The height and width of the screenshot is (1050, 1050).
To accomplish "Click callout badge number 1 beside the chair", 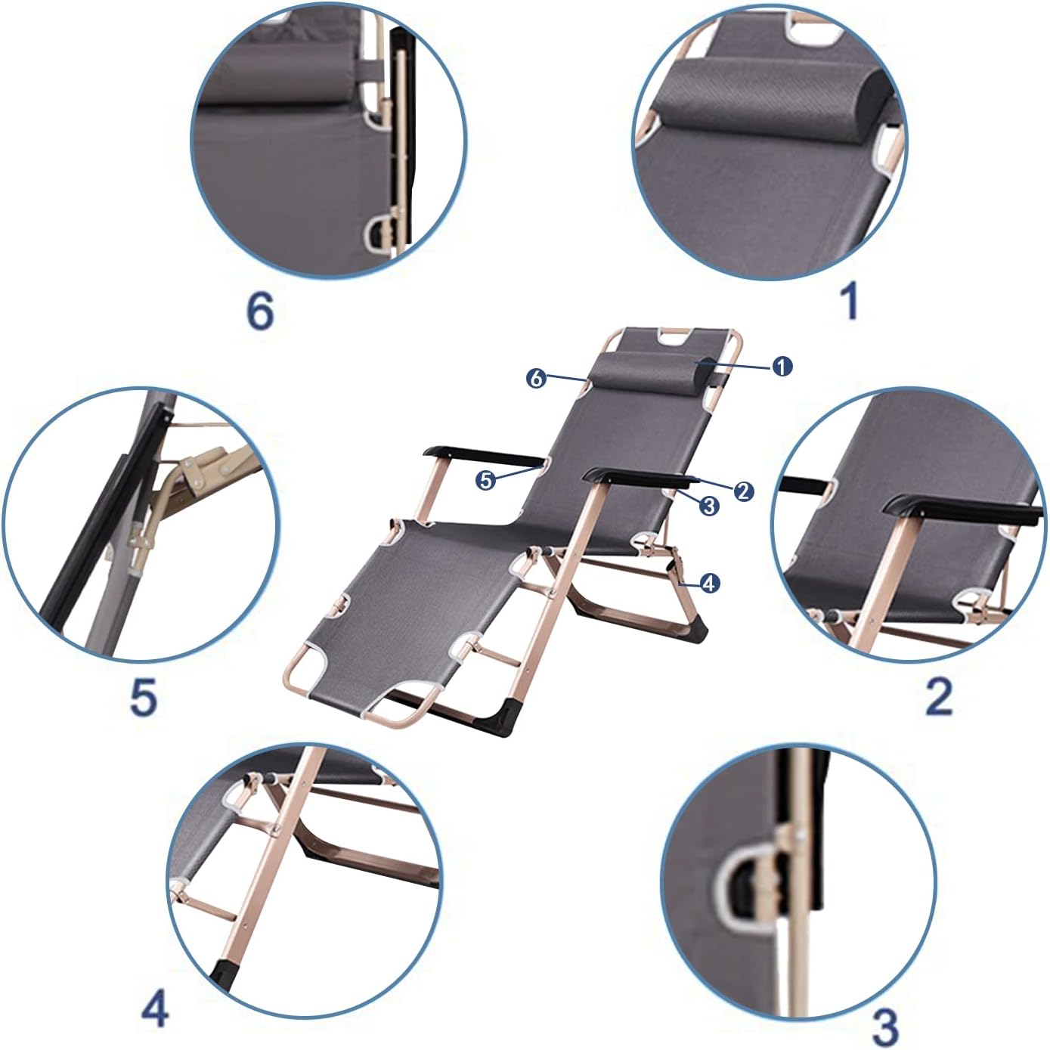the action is point(782,367).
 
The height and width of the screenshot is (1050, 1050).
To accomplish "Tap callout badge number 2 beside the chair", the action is point(743,491).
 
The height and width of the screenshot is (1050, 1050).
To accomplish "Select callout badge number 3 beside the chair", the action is point(708,506).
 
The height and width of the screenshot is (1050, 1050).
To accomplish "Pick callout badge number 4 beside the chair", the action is point(708,583).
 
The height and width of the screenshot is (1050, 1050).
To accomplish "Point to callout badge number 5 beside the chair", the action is point(485,480).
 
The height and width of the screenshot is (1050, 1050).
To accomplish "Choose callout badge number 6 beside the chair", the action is point(536,378).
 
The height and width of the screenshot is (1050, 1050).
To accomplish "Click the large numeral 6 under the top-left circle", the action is point(260,313).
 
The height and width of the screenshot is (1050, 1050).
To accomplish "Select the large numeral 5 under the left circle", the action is point(144,697).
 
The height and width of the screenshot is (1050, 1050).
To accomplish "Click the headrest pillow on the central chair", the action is point(654,370).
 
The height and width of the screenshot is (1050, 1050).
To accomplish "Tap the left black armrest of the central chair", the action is point(484,456).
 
